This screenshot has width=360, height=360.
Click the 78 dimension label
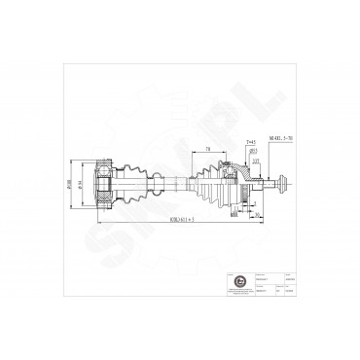click(x=208, y=150)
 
